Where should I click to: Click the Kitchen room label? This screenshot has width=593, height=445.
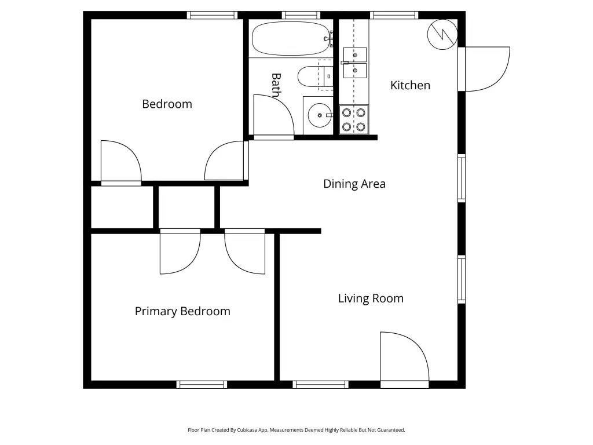click(410, 85)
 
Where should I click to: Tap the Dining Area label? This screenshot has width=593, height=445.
click(354, 184)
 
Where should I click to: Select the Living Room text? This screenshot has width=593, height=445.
click(371, 298)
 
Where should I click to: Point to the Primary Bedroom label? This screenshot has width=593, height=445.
click(182, 311)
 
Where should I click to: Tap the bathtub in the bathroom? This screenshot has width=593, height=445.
click(291, 38)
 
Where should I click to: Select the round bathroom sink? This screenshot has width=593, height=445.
click(320, 115)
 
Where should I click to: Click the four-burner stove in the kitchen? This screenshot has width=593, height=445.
click(354, 119)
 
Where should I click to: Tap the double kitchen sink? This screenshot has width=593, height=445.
click(355, 63)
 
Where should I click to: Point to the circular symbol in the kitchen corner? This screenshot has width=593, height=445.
click(442, 34)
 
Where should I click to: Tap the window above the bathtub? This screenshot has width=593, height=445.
click(301, 15)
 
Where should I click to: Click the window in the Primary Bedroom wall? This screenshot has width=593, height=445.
click(202, 385)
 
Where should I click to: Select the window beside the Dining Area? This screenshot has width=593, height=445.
click(462, 178)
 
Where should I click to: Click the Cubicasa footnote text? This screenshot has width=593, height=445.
click(296, 430)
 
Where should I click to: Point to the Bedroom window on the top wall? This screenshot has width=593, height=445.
click(212, 15)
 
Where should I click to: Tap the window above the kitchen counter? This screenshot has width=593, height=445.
click(394, 15)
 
